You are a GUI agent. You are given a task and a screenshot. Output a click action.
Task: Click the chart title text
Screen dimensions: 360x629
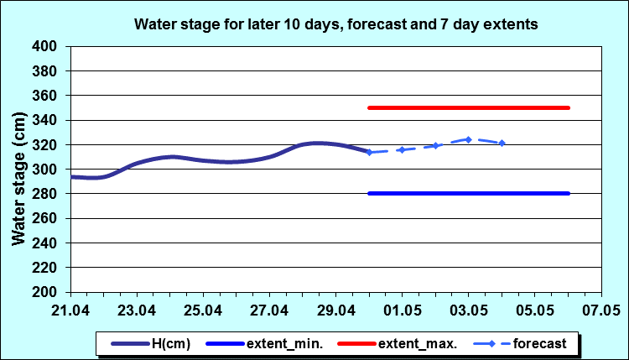[335, 25]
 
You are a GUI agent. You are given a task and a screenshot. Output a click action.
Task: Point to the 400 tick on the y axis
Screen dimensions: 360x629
[51, 46]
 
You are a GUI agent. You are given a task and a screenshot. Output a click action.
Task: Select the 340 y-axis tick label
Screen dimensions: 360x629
[51, 120]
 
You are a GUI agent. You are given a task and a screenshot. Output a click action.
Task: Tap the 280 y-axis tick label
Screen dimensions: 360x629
[51, 194]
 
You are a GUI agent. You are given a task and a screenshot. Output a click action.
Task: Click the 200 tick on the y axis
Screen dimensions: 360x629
[51, 292]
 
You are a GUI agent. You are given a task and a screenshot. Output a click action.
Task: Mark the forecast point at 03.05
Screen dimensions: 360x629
[469, 139]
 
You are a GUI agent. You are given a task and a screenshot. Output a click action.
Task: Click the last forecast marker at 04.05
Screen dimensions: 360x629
[502, 143]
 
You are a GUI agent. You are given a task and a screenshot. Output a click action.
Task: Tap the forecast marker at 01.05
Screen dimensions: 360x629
[402, 149]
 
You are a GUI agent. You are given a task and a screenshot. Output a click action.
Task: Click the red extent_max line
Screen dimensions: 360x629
[470, 107]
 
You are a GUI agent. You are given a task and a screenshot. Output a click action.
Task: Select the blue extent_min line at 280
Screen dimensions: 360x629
[470, 194]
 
